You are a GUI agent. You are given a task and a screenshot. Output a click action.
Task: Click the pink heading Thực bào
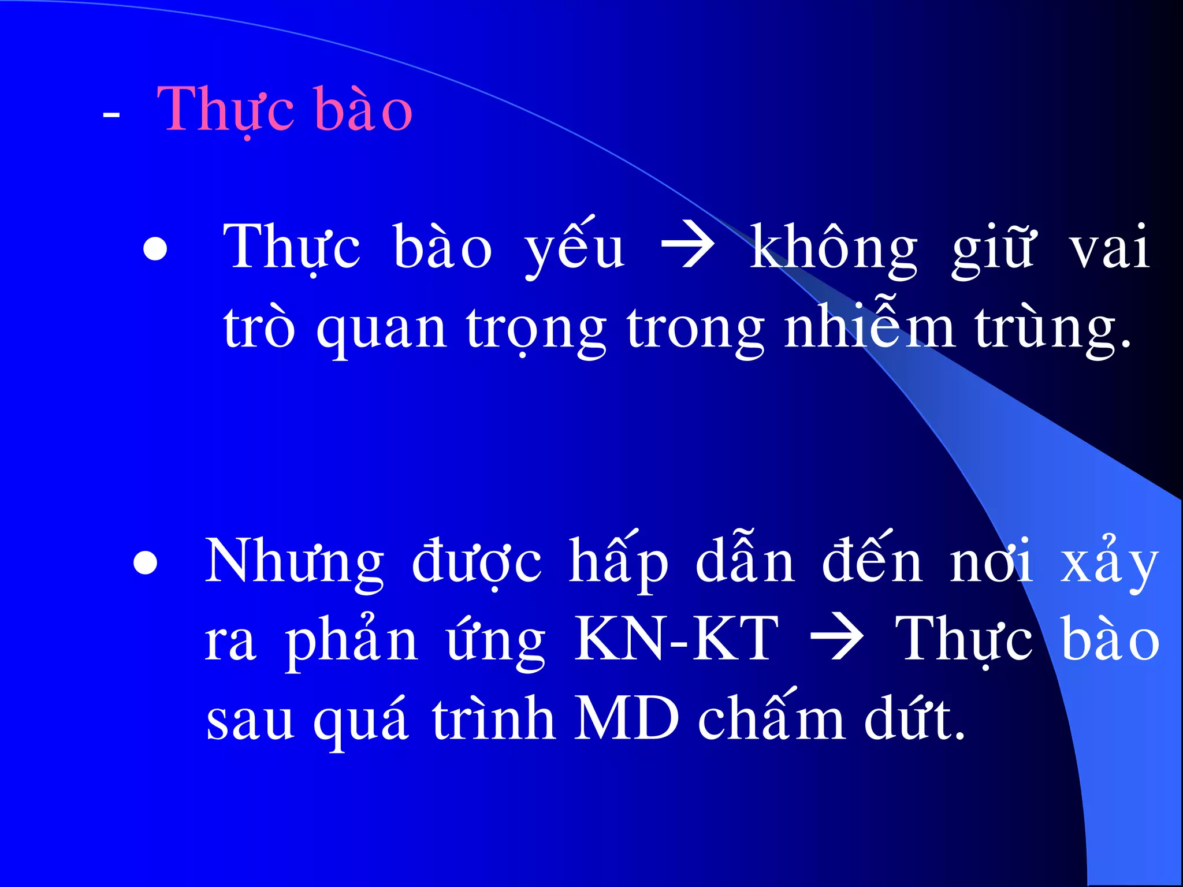[x=284, y=110]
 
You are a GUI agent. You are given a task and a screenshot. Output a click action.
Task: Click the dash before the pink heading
[x=111, y=115]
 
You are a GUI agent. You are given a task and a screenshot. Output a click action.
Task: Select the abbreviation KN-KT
[x=676, y=639]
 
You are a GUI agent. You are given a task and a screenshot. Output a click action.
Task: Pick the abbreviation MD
[x=626, y=720]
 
